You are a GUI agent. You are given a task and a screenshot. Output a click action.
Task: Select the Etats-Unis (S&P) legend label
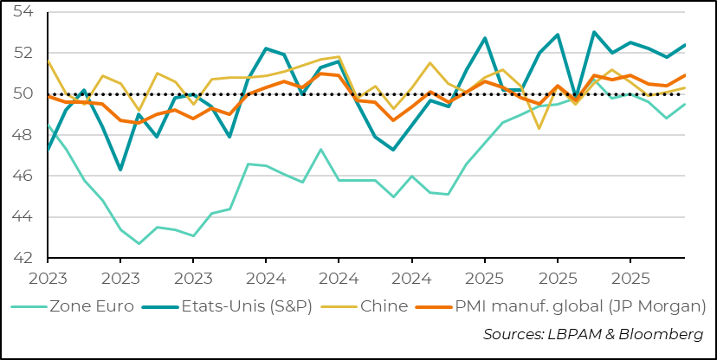click(246, 305)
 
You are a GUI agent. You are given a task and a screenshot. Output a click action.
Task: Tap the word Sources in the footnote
click(512, 334)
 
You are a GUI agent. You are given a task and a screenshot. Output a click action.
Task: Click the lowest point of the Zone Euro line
click(139, 243)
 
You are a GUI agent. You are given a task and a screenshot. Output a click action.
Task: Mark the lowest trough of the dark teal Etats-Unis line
click(120, 170)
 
